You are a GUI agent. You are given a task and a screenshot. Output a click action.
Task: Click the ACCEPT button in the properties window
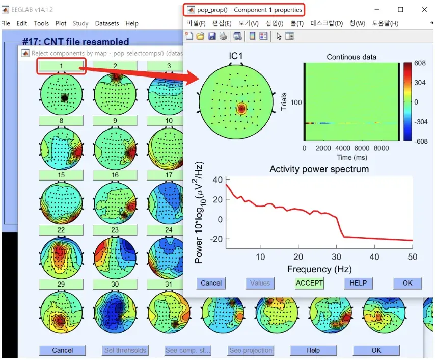(309, 283)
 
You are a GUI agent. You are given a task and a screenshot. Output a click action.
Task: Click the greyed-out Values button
(260, 283)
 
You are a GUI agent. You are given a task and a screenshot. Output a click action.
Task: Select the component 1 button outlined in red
(61, 66)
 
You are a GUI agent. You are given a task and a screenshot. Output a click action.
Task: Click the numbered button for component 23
(115, 230)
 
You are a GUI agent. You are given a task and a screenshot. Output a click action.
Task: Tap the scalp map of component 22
(61, 255)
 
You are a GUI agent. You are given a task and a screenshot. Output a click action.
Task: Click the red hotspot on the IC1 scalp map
(241, 109)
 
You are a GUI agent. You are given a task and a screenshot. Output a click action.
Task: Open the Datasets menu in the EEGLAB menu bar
(106, 23)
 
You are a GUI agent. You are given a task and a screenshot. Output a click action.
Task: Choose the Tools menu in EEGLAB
(41, 23)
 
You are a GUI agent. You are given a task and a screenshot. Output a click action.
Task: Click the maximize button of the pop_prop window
(400, 10)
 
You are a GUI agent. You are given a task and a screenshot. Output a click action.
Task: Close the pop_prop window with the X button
(424, 10)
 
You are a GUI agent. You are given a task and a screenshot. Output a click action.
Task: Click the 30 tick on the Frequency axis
(337, 256)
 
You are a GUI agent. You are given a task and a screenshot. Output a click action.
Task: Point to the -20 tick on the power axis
(217, 239)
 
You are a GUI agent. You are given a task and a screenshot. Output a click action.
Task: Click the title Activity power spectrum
(319, 169)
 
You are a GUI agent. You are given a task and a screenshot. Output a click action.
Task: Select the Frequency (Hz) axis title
(319, 269)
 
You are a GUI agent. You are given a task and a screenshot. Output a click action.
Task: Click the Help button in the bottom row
(313, 350)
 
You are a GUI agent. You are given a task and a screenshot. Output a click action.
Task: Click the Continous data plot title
(351, 57)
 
